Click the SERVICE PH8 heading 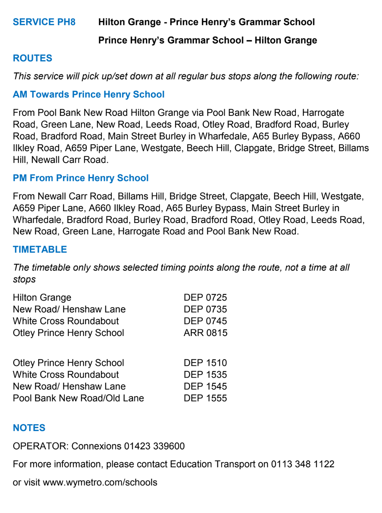[44, 22]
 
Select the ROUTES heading [32, 58]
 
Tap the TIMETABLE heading [40, 250]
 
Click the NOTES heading [29, 428]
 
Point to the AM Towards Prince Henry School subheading [88, 95]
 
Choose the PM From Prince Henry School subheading [81, 178]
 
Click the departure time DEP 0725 [205, 297]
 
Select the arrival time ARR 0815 [205, 333]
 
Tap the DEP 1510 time [205, 363]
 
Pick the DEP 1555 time [205, 398]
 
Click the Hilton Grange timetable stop [42, 297]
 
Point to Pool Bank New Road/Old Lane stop [78, 398]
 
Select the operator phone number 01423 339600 [154, 446]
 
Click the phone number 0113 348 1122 [303, 464]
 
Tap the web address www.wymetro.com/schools [100, 482]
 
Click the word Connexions [96, 446]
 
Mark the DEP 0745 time [205, 321]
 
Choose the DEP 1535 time [205, 375]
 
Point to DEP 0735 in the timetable [205, 309]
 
